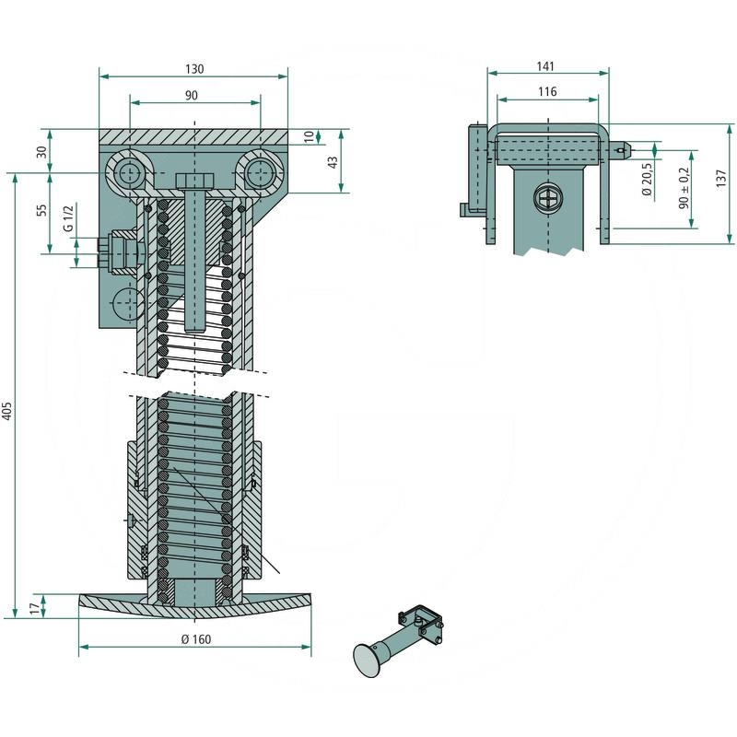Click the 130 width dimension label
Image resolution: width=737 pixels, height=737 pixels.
tap(193, 69)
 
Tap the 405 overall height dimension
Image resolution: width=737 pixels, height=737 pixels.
tap(8, 411)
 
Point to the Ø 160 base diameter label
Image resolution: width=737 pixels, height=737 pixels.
tap(194, 639)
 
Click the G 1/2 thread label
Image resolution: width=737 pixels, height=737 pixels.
tap(67, 220)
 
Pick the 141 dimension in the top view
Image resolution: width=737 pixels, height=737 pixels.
tap(546, 65)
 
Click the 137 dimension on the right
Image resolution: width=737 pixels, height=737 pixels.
tap(723, 175)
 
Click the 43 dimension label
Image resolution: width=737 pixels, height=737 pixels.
tap(333, 160)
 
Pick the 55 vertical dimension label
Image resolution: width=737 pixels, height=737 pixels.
tap(41, 210)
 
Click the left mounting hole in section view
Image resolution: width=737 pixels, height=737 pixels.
tap(127, 173)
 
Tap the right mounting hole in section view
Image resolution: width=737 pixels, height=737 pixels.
tap(262, 173)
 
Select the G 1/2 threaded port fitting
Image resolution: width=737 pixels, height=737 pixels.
tap(117, 252)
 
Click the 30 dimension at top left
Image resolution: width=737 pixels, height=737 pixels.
tap(41, 151)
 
